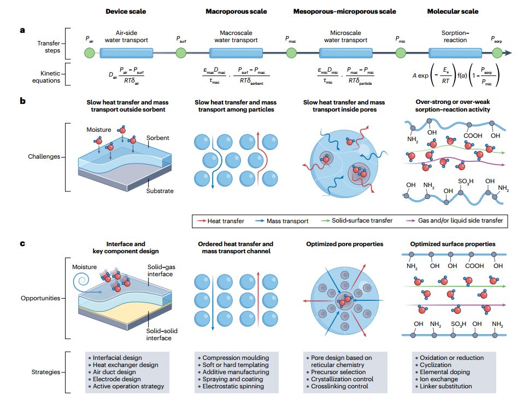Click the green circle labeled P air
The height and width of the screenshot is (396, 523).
[89, 53]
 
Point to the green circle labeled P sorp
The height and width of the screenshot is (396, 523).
[497, 53]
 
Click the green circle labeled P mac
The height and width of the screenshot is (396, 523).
[291, 53]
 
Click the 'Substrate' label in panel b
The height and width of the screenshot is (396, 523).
[160, 191]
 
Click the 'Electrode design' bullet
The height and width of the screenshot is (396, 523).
[117, 379]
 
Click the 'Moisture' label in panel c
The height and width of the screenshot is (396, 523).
[85, 267]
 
